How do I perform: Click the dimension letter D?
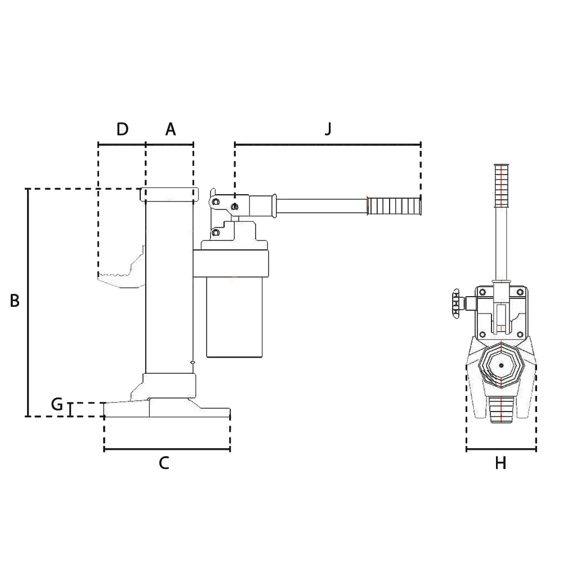[x=123, y=129]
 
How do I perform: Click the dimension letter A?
[x=170, y=129]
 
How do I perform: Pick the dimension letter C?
[x=164, y=463]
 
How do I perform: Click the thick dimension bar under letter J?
[x=328, y=142]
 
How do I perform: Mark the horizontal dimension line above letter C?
[x=167, y=449]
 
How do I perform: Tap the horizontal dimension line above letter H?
[x=501, y=449]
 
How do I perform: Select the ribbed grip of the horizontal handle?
[x=394, y=205]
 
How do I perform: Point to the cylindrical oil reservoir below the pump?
[x=234, y=318]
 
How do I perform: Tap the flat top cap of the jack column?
[x=169, y=194]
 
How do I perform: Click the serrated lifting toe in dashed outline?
[x=119, y=274]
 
